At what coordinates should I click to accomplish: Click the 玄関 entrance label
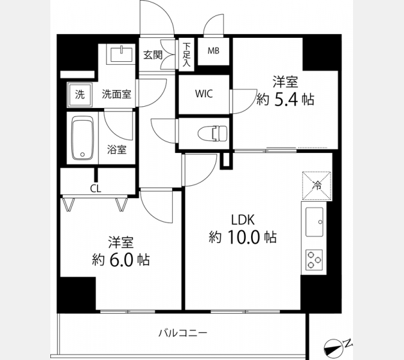[153, 55]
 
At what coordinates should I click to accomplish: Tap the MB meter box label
[213, 51]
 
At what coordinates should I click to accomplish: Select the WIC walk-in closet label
[204, 94]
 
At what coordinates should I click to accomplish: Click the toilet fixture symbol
[213, 134]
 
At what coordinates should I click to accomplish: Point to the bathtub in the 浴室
[83, 138]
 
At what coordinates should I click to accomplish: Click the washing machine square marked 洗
[80, 95]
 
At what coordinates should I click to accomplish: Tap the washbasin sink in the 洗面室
[121, 55]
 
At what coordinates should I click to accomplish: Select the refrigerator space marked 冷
[316, 185]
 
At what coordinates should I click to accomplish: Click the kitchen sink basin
[314, 222]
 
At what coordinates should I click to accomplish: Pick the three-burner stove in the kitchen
[314, 259]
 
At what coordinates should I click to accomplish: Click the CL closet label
[95, 189]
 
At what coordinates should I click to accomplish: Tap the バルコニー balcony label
[183, 333]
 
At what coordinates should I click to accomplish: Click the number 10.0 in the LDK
[243, 237]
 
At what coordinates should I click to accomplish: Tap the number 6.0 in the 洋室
[121, 260]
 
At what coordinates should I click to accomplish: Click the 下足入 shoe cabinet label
[186, 55]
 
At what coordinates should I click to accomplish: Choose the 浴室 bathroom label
[117, 149]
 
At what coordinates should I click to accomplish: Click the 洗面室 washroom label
[116, 94]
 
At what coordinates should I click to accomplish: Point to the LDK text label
[243, 220]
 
